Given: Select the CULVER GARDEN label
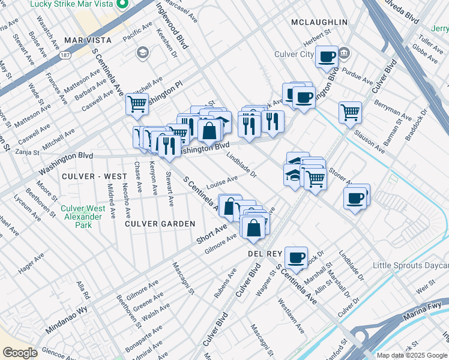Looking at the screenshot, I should pyautogui.click(x=160, y=224).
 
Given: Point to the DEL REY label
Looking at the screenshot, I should pyautogui.click(x=265, y=254).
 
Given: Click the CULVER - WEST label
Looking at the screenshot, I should pyautogui.click(x=94, y=176).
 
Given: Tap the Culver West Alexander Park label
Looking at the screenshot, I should pyautogui.click(x=82, y=217).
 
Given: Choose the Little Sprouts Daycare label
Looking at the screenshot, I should pyautogui.click(x=411, y=265).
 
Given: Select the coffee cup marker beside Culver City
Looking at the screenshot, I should pyautogui.click(x=327, y=57).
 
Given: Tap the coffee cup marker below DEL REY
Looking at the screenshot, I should pyautogui.click(x=296, y=257).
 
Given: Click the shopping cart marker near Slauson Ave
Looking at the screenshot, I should pyautogui.click(x=349, y=112).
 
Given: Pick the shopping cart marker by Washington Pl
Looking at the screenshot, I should pyautogui.click(x=137, y=104).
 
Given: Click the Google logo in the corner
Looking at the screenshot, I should pyautogui.click(x=20, y=353).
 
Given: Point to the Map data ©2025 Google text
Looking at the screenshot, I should pyautogui.click(x=411, y=355).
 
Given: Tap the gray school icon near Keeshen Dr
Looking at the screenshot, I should pyautogui.click(x=142, y=53).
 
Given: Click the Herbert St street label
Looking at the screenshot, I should pyautogui.click(x=316, y=38).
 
